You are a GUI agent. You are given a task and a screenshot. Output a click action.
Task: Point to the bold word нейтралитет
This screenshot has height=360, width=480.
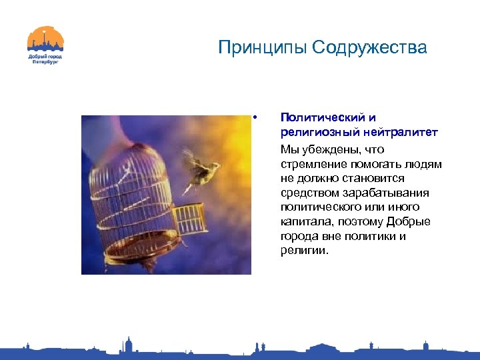click(x=406, y=133)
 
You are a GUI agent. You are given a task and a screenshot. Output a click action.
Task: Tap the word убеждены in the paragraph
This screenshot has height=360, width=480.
click(x=333, y=149)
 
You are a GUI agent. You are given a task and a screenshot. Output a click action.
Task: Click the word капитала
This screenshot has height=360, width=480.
click(x=304, y=222)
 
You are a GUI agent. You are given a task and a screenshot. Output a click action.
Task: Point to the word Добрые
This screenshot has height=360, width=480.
click(x=411, y=222)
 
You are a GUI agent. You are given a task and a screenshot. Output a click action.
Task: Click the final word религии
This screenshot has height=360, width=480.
click(x=304, y=251)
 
